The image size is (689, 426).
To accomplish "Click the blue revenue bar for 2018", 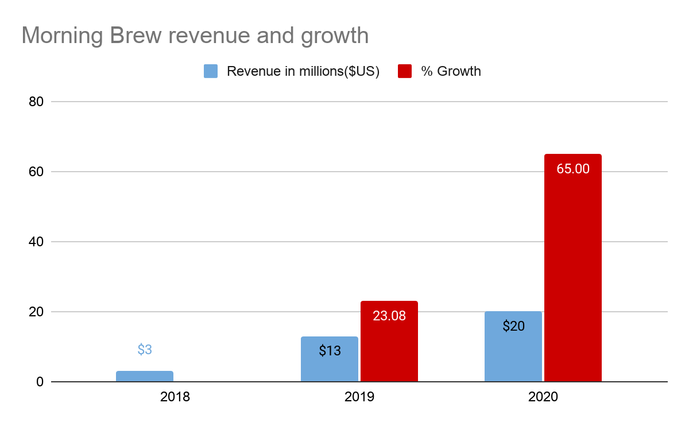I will (x=145, y=376).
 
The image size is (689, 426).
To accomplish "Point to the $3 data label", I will (x=145, y=349).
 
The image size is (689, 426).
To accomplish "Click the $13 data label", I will (x=330, y=350).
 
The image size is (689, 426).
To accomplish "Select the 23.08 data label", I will (x=389, y=315).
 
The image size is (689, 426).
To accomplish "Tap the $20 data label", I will (x=513, y=326).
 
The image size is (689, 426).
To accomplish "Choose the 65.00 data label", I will (x=573, y=169).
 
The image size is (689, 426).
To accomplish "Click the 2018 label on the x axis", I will (x=175, y=397).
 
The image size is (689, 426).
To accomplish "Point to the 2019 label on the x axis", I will (x=359, y=397).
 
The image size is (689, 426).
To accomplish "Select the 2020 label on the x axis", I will (x=543, y=397).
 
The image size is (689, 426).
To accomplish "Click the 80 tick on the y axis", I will (x=37, y=102).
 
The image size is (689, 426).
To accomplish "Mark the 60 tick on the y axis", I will (x=37, y=172).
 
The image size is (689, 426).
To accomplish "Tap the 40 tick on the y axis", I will (x=37, y=242).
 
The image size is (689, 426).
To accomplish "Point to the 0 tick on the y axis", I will (x=40, y=382).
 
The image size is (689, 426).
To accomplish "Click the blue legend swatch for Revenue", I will (x=211, y=71).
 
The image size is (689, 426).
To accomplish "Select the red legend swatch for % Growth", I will (x=405, y=71).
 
